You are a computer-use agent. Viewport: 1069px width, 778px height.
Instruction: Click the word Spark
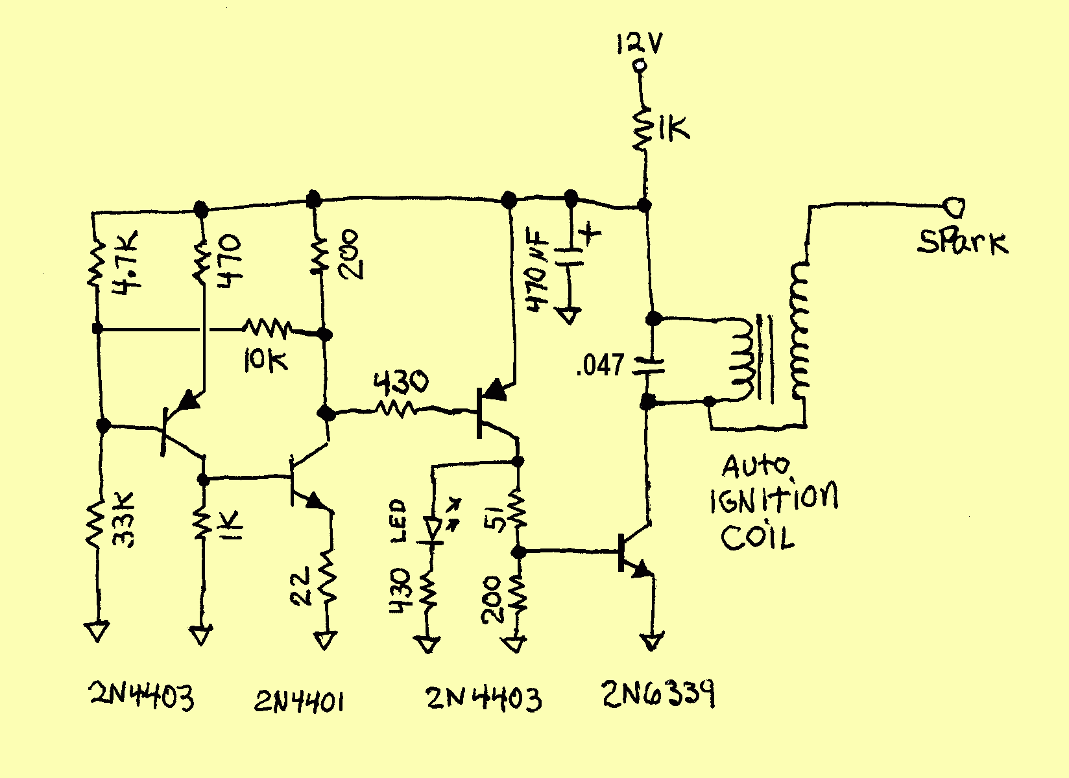click(963, 242)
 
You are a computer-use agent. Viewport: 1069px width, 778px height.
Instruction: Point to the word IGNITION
click(773, 499)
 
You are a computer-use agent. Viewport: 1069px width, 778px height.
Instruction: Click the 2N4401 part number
click(298, 701)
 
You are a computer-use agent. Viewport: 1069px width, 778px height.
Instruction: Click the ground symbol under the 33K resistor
click(97, 630)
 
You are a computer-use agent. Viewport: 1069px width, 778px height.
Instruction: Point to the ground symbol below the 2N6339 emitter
click(652, 642)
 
